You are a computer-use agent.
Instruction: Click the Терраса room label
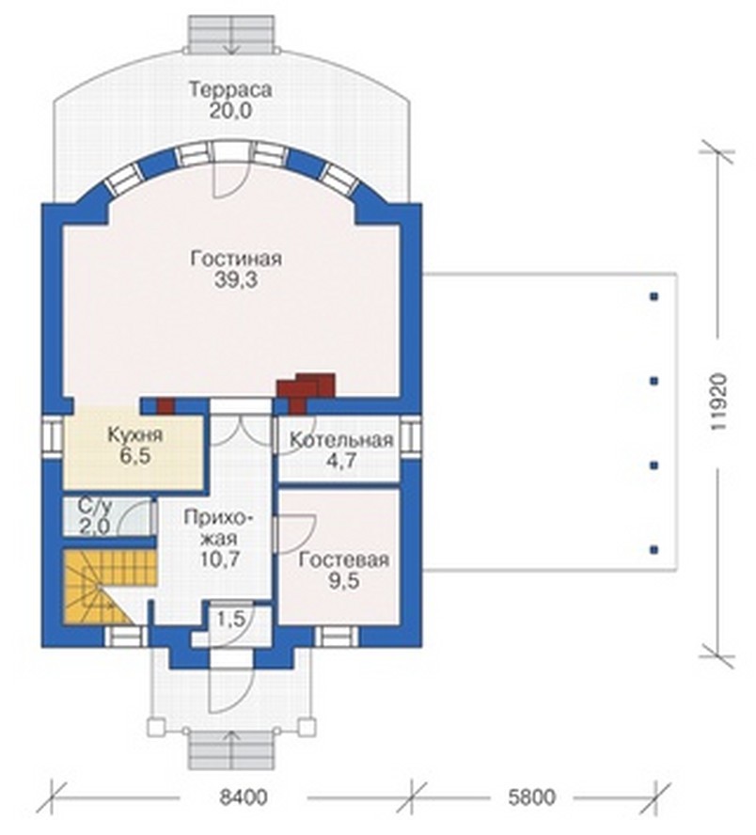[230, 89]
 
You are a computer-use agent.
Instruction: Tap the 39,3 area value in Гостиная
[236, 279]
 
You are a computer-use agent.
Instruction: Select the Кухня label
[135, 435]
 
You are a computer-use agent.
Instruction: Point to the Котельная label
[341, 440]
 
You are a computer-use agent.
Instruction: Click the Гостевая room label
[343, 560]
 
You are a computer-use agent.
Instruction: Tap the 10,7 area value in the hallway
[220, 559]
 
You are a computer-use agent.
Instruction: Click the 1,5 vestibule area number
[230, 619]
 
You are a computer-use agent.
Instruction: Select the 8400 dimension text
[244, 797]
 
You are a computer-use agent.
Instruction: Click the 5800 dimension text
[531, 797]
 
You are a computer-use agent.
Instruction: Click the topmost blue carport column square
[654, 296]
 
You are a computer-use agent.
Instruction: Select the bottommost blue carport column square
[654, 549]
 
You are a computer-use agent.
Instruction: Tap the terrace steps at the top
[232, 34]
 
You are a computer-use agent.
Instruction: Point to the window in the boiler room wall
[411, 437]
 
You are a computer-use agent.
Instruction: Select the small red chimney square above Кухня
[165, 406]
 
